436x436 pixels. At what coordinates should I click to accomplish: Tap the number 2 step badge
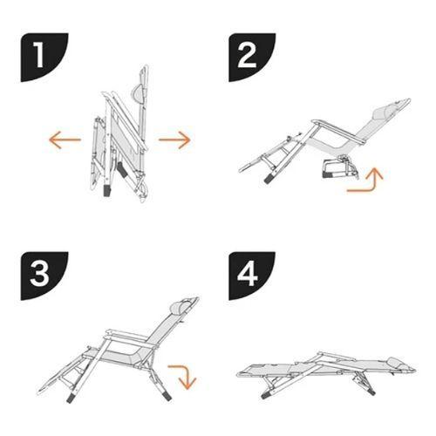point(251,58)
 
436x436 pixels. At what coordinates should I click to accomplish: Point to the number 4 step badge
point(251,274)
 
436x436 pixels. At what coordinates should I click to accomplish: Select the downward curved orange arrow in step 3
point(182,375)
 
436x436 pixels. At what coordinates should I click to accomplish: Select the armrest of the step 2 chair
point(324,125)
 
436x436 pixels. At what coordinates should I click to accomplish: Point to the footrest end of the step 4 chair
point(249,372)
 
